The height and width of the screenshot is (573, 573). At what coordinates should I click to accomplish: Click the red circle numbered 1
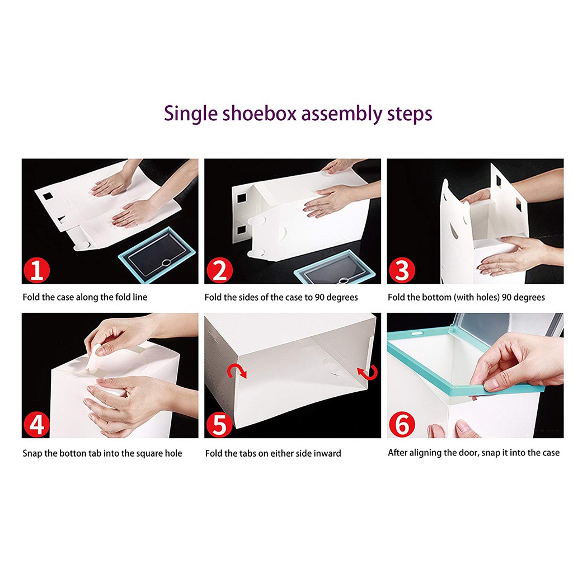point(36,270)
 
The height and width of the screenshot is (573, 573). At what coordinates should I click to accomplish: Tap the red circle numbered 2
point(219,270)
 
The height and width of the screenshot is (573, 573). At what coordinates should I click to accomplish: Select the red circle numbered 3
point(402,270)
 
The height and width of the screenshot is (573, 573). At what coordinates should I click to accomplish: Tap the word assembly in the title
point(341,115)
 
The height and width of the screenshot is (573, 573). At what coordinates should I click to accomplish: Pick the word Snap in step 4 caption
point(32,453)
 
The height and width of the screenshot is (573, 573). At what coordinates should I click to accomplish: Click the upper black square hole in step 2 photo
point(242,199)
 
